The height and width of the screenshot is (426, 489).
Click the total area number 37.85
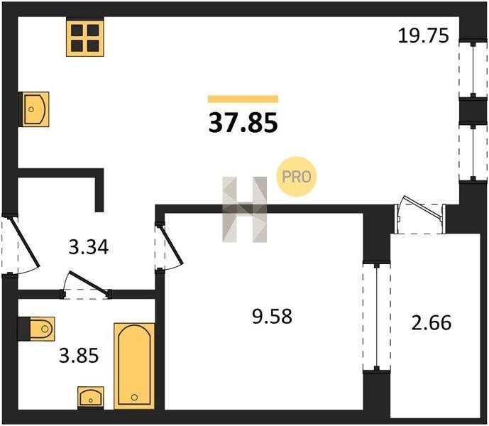click(243, 123)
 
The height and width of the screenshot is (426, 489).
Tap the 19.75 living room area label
click(424, 35)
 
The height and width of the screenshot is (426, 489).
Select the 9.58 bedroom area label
click(272, 316)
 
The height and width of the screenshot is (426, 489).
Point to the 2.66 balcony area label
click(432, 323)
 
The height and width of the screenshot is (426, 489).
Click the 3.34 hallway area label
click(89, 247)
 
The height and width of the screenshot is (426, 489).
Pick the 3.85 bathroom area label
click(79, 356)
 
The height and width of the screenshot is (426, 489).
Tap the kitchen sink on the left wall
click(34, 109)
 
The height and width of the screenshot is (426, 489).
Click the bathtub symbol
click(134, 366)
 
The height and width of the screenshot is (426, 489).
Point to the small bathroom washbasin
click(91, 398)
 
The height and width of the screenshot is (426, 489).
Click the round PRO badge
click(296, 177)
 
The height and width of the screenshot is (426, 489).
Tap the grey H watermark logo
click(244, 209)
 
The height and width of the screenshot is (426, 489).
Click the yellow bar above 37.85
click(243, 99)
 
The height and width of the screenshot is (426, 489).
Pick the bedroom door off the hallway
click(167, 246)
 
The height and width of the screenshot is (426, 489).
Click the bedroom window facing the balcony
click(377, 317)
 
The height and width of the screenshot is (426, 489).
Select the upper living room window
click(473, 70)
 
